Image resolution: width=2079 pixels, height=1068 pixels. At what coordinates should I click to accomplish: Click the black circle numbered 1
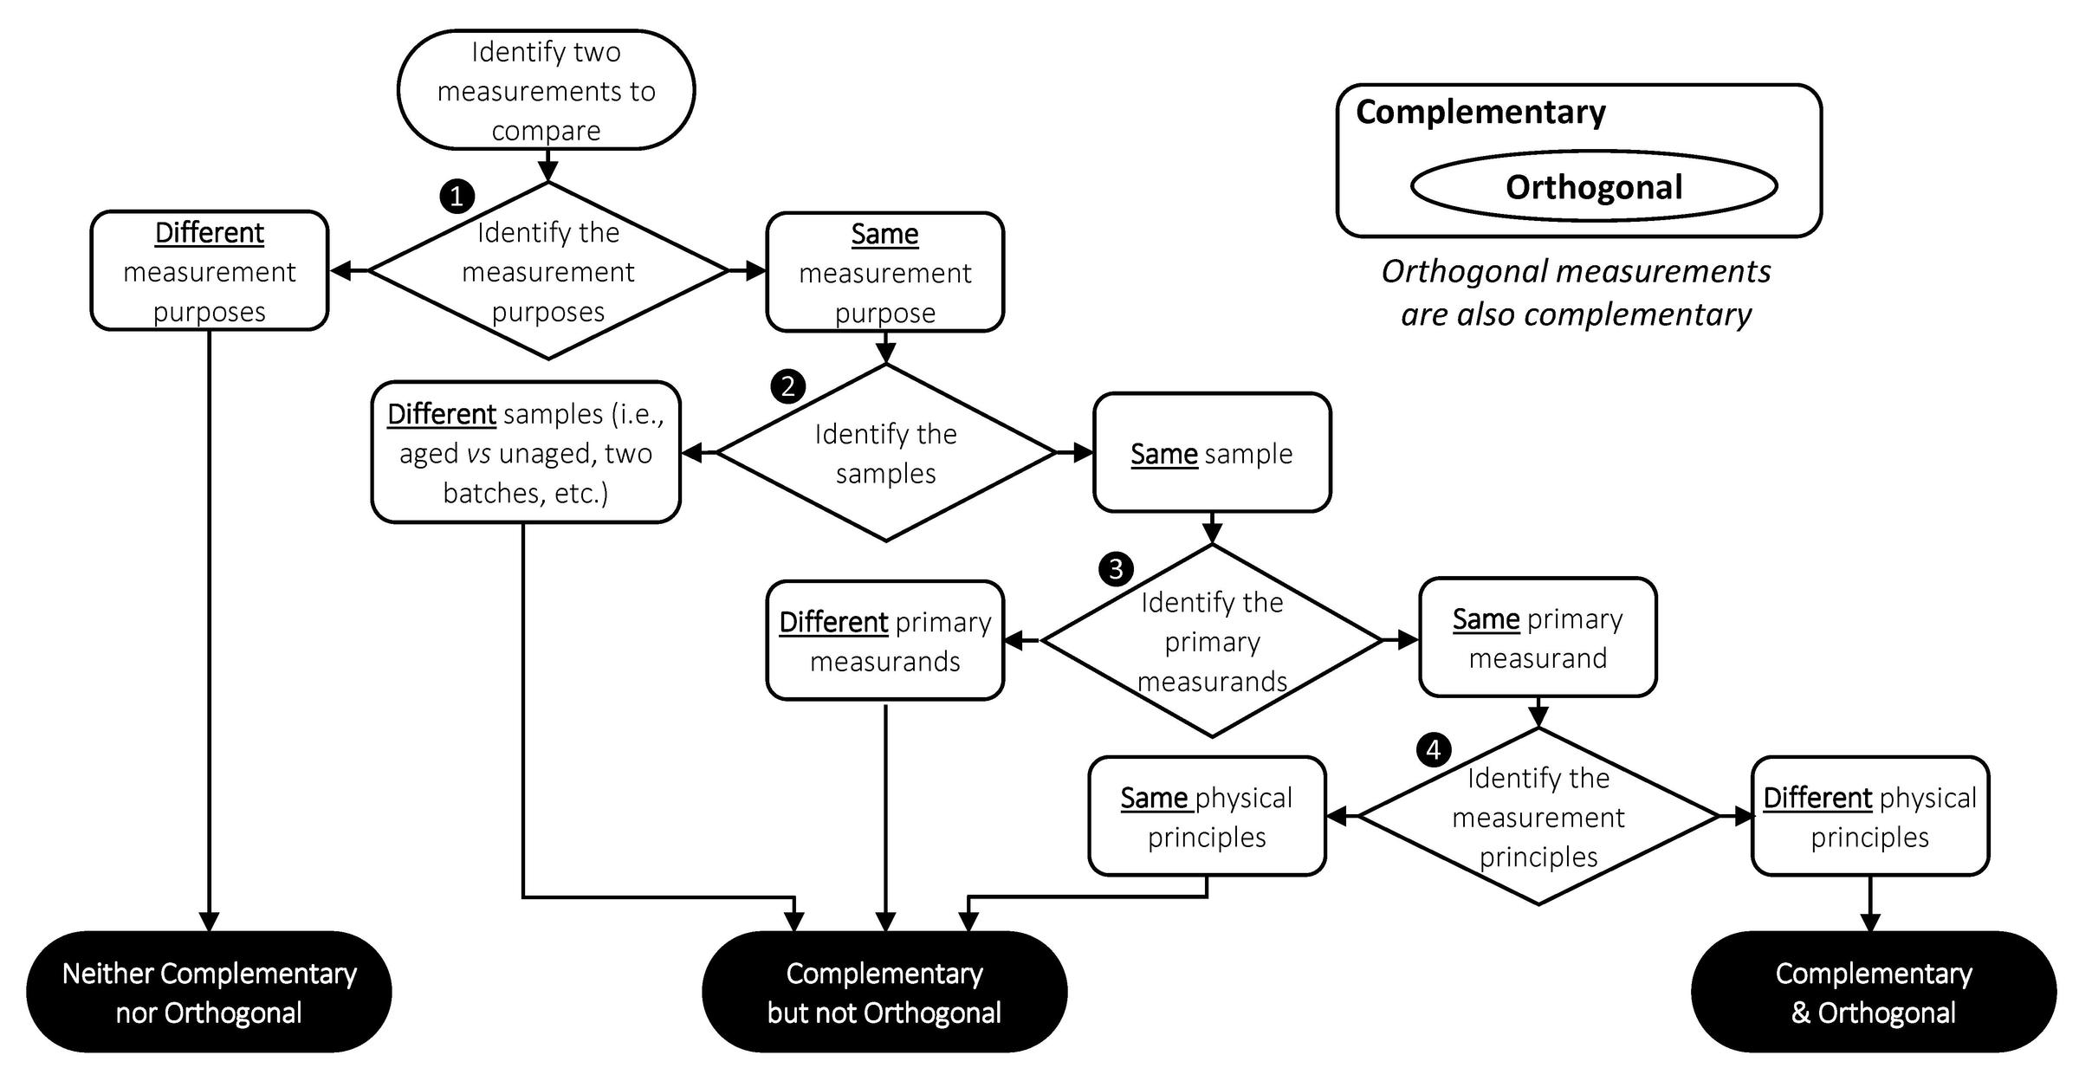pyautogui.click(x=457, y=196)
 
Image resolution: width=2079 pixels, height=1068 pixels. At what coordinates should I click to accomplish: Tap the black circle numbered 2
pyautogui.click(x=787, y=385)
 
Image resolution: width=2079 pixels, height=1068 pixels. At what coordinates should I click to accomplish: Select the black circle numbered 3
pyautogui.click(x=1116, y=568)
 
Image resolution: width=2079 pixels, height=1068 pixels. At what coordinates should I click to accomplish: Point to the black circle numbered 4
pyautogui.click(x=1434, y=749)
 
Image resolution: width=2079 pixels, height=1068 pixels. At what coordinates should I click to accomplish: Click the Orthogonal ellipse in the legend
pyautogui.click(x=1593, y=186)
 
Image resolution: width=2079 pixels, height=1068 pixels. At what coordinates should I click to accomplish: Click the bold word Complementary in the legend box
pyautogui.click(x=1480, y=113)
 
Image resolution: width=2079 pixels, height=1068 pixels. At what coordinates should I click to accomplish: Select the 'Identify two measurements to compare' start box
pyautogui.click(x=546, y=90)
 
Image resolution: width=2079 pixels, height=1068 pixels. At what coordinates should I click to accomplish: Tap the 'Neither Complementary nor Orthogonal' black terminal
pyautogui.click(x=209, y=993)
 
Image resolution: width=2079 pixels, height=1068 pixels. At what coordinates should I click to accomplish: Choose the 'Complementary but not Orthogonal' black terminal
pyautogui.click(x=884, y=993)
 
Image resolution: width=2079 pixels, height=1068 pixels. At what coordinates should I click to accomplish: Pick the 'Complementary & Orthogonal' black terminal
pyautogui.click(x=1873, y=993)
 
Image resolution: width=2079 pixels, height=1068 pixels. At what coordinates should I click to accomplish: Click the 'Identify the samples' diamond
pyautogui.click(x=885, y=453)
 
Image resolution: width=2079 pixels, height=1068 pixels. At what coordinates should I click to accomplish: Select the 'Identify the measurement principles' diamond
pyautogui.click(x=1538, y=817)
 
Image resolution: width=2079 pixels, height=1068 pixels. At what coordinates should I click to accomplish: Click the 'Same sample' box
pyautogui.click(x=1211, y=453)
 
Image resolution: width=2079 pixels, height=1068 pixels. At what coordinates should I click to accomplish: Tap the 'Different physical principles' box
pyautogui.click(x=1869, y=817)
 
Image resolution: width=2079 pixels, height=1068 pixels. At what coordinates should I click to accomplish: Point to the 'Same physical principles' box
pyautogui.click(x=1207, y=817)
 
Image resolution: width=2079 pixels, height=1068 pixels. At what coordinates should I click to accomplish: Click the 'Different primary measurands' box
pyautogui.click(x=884, y=641)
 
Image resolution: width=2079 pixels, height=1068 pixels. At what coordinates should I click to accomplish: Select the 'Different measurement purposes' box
pyautogui.click(x=209, y=271)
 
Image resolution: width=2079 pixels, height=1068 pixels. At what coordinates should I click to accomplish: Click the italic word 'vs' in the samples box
pyautogui.click(x=478, y=454)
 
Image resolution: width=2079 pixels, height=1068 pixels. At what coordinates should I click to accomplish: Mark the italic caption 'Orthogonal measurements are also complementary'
pyautogui.click(x=1576, y=293)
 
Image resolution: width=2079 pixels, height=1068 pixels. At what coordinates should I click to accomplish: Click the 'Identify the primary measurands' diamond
pyautogui.click(x=1211, y=641)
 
